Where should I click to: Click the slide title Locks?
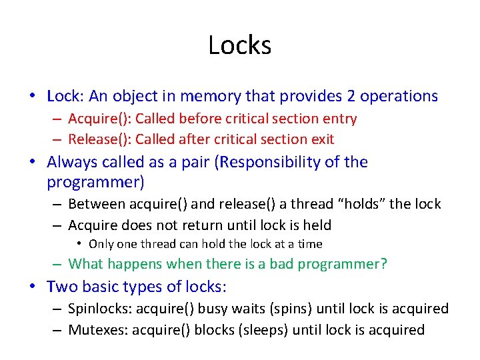[239, 45]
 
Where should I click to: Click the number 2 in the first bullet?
[351, 96]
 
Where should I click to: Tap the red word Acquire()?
[99, 119]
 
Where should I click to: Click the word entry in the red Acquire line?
[340, 119]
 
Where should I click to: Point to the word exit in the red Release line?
[321, 139]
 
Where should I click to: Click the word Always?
[71, 162]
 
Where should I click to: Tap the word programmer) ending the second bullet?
[96, 181]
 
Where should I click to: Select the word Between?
[97, 205]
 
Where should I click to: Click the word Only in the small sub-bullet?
[101, 244]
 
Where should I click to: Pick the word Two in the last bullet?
[61, 287]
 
